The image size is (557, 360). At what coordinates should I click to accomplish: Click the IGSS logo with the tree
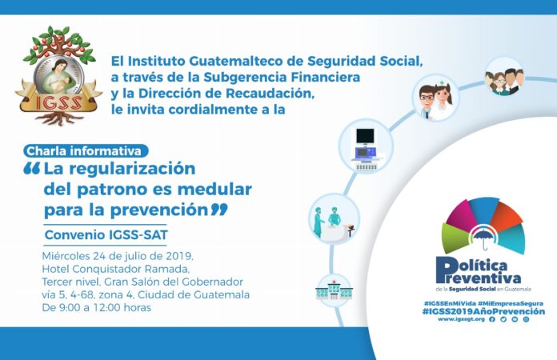click(x=58, y=76)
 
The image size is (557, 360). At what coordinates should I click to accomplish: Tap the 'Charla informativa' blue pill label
click(x=86, y=151)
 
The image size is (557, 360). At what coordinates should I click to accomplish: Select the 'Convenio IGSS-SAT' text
click(x=106, y=234)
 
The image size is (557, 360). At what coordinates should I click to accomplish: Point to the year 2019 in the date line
click(x=179, y=256)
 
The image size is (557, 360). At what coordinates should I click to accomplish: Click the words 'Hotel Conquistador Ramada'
click(x=114, y=269)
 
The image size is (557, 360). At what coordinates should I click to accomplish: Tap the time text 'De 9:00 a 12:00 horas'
click(x=96, y=307)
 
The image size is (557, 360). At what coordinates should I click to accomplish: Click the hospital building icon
click(x=334, y=290)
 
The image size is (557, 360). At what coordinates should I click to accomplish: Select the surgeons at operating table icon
click(x=334, y=218)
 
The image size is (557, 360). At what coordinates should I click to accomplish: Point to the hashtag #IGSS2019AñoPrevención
click(x=483, y=311)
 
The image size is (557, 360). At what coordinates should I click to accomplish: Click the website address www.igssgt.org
click(x=461, y=319)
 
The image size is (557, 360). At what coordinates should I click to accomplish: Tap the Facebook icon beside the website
click(x=492, y=319)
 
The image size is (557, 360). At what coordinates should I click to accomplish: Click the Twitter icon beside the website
click(x=503, y=319)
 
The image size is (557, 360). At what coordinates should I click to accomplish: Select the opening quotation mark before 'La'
click(x=32, y=169)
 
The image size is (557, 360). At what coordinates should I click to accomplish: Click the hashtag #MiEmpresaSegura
click(x=511, y=303)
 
